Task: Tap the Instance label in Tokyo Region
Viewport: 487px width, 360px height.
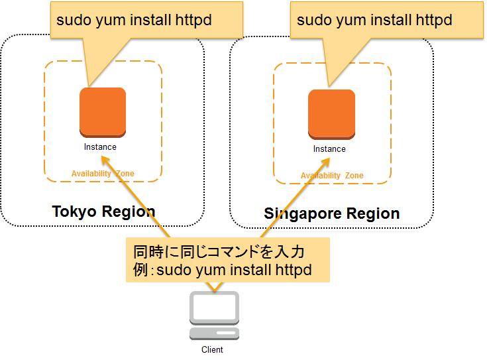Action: pos(100,147)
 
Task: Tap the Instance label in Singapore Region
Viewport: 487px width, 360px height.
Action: pos(329,149)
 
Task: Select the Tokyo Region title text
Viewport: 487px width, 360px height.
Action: pos(103,211)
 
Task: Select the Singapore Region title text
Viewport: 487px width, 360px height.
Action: pos(331,213)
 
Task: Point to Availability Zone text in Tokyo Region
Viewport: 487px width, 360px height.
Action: pos(103,174)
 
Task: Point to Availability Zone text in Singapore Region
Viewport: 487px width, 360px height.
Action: pos(332,176)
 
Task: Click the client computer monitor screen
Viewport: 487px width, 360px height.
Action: pos(214,307)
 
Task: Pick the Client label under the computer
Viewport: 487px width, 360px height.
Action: pos(212,350)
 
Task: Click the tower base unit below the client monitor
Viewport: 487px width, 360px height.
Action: pos(214,332)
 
